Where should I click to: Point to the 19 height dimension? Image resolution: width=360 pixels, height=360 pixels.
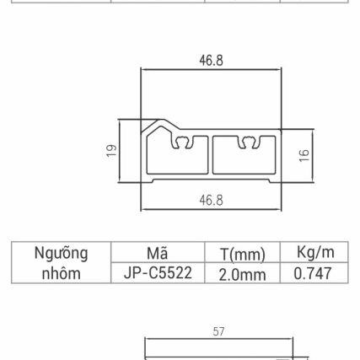tap(111, 150)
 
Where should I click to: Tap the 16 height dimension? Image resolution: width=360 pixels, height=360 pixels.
tap(304, 154)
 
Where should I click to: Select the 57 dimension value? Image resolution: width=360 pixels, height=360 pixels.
tap(218, 332)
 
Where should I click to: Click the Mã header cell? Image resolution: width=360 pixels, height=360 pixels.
tap(157, 253)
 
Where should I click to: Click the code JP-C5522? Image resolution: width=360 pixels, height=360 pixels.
tap(157, 273)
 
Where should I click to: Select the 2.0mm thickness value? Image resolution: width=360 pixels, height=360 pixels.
tap(242, 274)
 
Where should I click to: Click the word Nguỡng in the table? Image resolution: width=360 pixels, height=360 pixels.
tap(61, 253)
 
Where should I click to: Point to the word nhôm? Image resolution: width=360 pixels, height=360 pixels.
tap(61, 273)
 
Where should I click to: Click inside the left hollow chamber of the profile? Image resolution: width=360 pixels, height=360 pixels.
tap(175, 160)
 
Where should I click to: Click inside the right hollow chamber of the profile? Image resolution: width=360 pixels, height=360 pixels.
tap(244, 160)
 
